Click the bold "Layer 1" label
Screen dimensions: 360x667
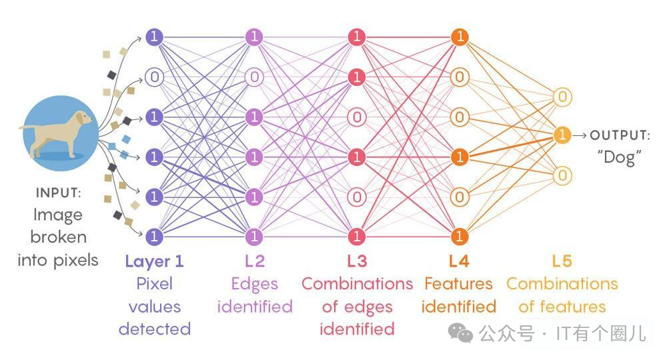[154, 261]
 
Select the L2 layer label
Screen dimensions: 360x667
[254, 261]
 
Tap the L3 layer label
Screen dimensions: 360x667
[357, 261]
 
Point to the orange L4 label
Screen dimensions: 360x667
[458, 261]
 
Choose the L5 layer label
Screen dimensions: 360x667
[562, 261]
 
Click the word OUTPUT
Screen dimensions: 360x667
[620, 135]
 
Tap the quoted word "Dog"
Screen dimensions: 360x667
[620, 157]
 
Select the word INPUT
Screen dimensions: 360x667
[59, 193]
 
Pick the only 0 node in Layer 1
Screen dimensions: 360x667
[154, 77]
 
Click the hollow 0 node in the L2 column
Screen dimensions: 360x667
[254, 77]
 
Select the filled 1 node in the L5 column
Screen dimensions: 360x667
[562, 135]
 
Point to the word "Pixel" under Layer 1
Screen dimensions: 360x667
[154, 284]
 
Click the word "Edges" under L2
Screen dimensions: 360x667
[254, 284]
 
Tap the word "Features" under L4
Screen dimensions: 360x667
[458, 284]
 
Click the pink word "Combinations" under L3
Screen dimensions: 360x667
[357, 284]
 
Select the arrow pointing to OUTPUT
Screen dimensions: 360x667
[580, 135]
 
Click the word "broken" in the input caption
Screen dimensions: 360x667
[59, 237]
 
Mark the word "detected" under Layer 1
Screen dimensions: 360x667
[154, 329]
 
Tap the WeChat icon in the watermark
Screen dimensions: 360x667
[461, 331]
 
